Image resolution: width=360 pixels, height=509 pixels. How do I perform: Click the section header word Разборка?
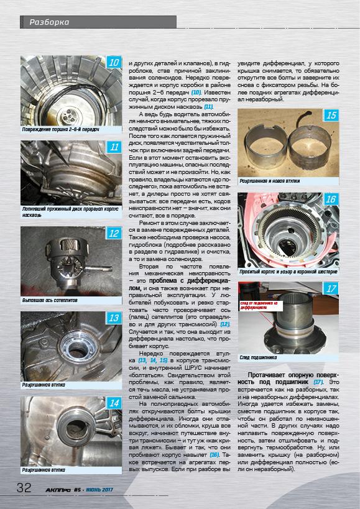[49, 22]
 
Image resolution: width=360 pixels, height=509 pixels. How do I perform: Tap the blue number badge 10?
[114, 62]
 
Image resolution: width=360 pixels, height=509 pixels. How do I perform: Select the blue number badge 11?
[114, 147]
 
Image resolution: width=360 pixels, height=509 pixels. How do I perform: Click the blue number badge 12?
[114, 233]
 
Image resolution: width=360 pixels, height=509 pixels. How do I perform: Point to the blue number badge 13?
[114, 318]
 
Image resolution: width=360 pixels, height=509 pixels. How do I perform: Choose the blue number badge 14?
[114, 403]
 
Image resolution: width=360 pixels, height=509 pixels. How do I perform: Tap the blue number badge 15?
[331, 115]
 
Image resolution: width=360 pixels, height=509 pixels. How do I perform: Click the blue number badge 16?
[331, 199]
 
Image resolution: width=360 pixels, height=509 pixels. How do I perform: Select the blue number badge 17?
[331, 288]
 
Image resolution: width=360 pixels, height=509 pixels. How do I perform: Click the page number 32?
[24, 488]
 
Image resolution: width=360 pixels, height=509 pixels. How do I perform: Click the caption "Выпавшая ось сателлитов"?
[50, 301]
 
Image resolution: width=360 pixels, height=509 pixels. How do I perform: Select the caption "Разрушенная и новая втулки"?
[270, 181]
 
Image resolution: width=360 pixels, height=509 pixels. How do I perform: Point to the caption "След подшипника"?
[258, 357]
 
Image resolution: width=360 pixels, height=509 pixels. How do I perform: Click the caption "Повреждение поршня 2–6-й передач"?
[60, 130]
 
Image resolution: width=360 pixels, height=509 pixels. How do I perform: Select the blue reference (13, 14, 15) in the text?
[152, 360]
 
